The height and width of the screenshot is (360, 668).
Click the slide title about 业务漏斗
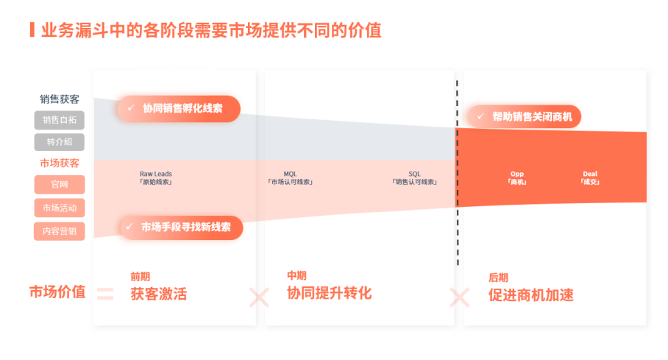210,30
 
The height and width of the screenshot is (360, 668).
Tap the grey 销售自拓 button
59,120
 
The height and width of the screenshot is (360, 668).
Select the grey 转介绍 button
59,142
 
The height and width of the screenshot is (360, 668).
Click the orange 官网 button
59,185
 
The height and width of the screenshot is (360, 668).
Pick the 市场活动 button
59,208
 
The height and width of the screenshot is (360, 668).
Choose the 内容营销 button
59,230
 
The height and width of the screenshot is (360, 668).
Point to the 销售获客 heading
60,99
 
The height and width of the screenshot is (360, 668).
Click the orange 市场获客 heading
60,163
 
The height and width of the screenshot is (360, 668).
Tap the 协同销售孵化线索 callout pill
179,108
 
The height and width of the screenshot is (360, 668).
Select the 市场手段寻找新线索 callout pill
181,227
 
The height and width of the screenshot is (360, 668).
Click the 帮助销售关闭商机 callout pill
524,116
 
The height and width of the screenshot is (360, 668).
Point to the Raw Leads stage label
155,177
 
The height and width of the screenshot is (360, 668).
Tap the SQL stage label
414,177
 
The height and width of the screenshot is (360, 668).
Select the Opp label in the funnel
517,177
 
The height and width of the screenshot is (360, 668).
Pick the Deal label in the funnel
590,177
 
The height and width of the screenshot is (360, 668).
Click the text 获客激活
159,294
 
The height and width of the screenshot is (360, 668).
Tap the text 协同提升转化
329,293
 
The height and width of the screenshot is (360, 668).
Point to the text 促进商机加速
530,295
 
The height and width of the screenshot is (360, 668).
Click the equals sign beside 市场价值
105,294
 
